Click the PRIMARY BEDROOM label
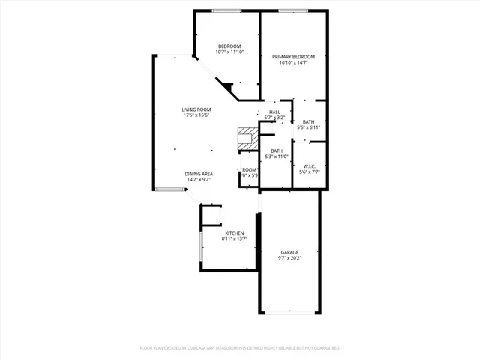tap(293, 57)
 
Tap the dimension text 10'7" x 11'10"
tap(229, 52)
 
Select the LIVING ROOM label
tap(196, 109)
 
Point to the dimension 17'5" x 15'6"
tap(196, 115)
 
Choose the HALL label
tap(274, 112)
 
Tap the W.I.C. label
tap(308, 166)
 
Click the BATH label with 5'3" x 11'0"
tap(277, 151)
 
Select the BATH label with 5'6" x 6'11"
tap(308, 121)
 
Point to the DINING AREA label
tap(199, 174)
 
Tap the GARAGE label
tap(290, 252)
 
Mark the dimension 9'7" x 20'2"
tap(290, 258)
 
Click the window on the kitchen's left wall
tap(200, 246)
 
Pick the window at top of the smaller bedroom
tap(226, 10)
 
